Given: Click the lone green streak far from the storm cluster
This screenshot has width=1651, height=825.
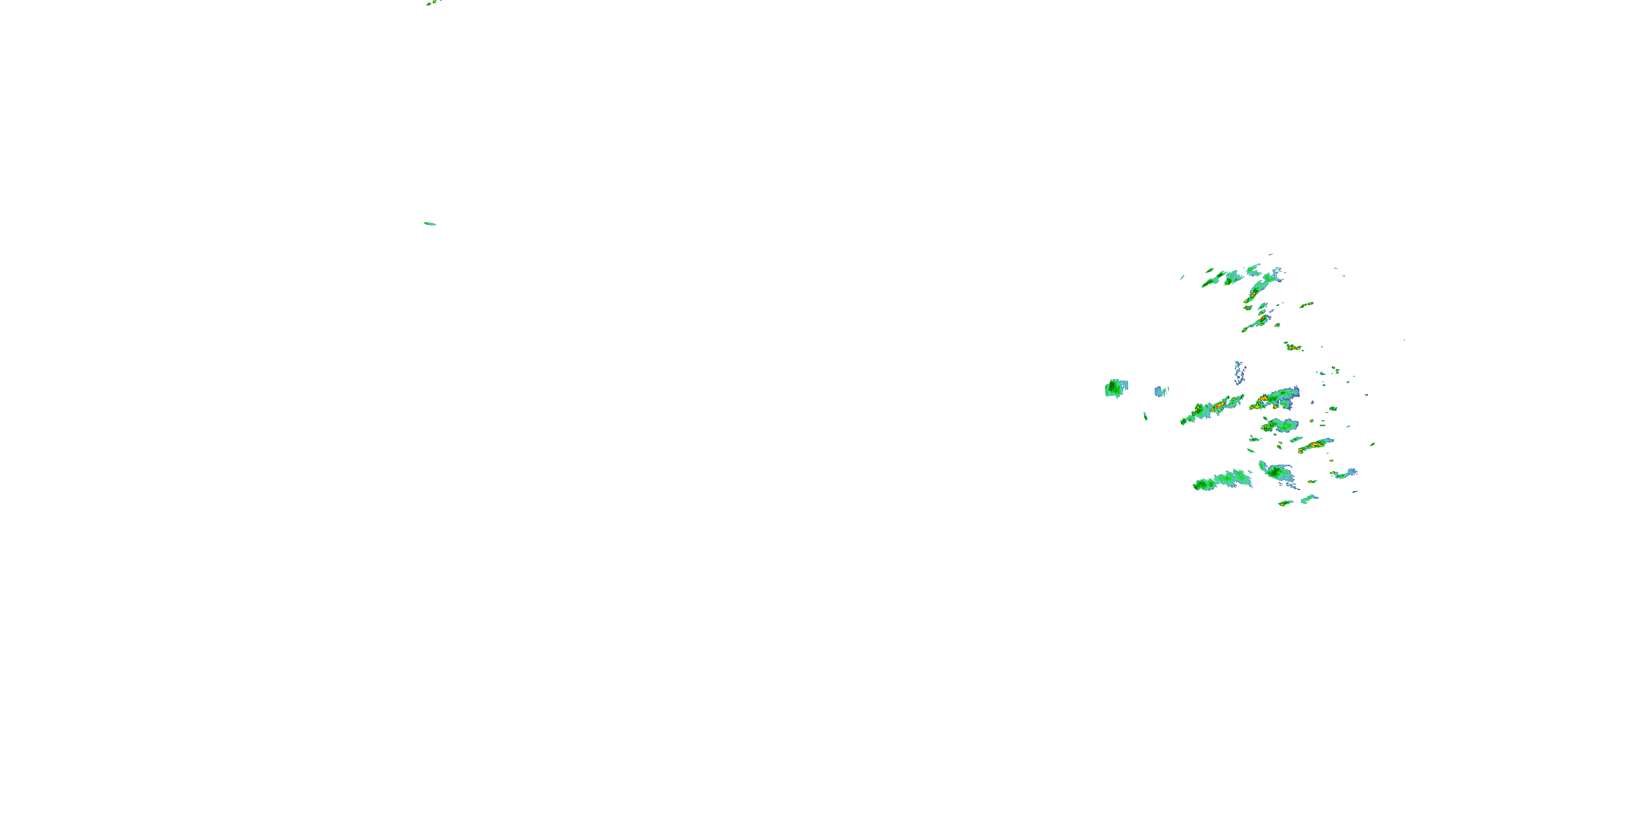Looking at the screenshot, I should (429, 223).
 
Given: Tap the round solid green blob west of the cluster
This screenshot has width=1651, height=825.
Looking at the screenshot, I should (1116, 388).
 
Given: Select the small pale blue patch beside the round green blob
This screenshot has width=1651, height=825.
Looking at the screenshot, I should (1161, 390).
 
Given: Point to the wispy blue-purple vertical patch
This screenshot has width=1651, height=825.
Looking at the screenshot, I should (1239, 371).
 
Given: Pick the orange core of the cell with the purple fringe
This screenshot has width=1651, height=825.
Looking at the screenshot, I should (1264, 400).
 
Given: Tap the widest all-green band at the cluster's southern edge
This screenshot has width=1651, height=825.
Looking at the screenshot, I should (1221, 480).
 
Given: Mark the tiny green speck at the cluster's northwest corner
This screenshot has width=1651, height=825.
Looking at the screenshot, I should (1183, 277).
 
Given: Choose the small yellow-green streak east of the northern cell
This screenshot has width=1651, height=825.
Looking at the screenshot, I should (1306, 305).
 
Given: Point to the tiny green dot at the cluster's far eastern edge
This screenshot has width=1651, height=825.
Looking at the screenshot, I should (1372, 444).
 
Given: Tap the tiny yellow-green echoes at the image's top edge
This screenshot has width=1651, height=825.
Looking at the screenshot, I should (433, 3).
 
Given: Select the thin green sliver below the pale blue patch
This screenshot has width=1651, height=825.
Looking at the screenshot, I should (1145, 416).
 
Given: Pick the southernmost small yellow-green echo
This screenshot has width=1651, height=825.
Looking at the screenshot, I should (1285, 503).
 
